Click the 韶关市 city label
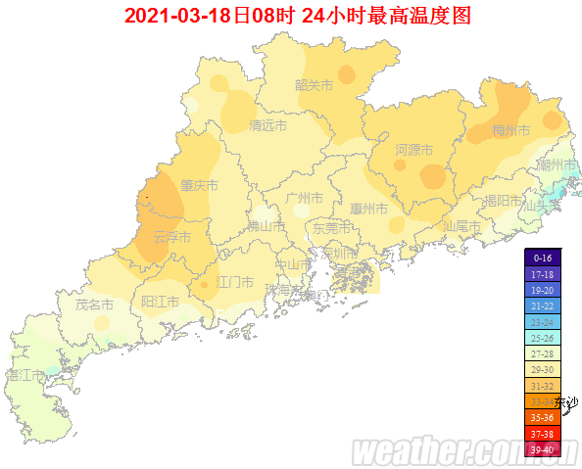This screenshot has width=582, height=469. point(315,85)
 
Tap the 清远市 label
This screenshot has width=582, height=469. point(267,126)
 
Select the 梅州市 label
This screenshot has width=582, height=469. point(510,130)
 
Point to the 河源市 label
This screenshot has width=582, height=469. point(413,150)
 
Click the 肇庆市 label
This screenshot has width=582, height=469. point(199,185)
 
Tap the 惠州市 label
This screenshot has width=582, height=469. point(368,210)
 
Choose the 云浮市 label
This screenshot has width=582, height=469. point(173,236)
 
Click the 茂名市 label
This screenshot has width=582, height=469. point(94,305)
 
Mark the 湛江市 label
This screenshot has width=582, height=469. point(26,375)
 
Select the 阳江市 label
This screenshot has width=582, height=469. point(160,302)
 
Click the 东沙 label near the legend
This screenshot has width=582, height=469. point(566,401)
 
